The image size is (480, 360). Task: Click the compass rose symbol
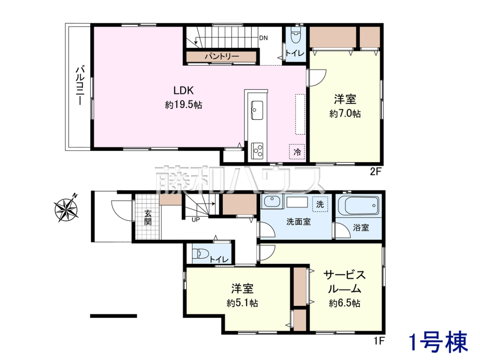pos(66,209)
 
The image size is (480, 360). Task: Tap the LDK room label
pos(183,90)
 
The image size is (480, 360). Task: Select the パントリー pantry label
pos(222,57)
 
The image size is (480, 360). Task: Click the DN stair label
pos(263,38)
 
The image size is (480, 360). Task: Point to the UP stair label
pos(196,220)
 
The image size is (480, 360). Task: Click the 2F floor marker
pos(376,172)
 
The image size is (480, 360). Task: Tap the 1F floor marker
pos(379,341)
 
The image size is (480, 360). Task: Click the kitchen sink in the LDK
pos(257,110)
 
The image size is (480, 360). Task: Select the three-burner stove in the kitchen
pos(257,150)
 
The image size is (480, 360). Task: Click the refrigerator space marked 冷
pos(297,152)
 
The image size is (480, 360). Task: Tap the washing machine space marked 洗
pos(320,204)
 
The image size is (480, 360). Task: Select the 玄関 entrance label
pos(148,218)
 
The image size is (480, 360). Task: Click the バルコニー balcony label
pos(80,86)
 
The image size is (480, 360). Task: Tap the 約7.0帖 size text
pos(345,114)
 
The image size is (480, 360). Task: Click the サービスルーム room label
pos(344,282)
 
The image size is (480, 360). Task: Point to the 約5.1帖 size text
pos(242,303)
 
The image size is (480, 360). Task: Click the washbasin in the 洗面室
pos(272,202)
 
